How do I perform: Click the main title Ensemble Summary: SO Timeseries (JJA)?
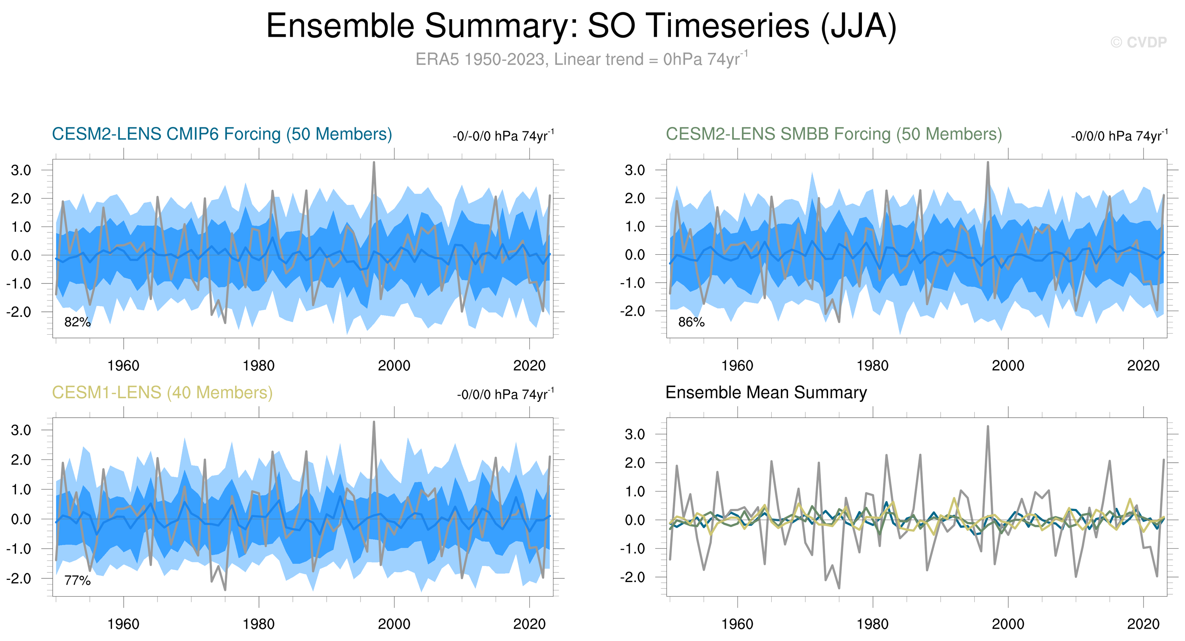tap(581, 26)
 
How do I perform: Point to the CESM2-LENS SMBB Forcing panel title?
tap(834, 134)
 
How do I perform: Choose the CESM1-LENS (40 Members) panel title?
tap(162, 393)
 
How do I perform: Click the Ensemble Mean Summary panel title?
tap(766, 393)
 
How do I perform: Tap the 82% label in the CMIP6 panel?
tap(77, 322)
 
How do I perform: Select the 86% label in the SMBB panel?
tap(691, 322)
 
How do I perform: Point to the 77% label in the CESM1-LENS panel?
tap(77, 581)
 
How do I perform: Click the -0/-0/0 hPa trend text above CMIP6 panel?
tap(503, 136)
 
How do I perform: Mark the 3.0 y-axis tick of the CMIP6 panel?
tap(21, 170)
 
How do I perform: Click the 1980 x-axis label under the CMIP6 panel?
tap(259, 366)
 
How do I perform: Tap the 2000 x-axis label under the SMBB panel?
tap(1008, 366)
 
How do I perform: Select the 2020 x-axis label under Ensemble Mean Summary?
tap(1143, 624)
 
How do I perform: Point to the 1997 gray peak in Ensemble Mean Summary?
tap(988, 427)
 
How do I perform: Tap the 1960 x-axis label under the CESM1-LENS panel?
tap(123, 624)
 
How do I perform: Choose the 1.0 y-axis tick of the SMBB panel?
tap(635, 227)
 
